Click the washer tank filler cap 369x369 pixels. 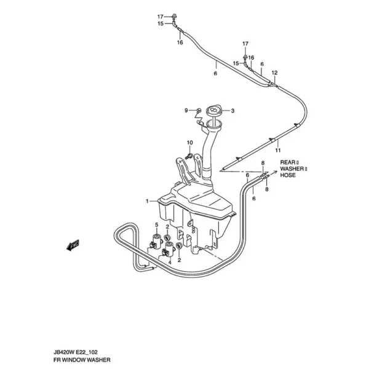point(213,111)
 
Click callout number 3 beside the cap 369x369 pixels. point(232,111)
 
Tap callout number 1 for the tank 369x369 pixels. point(147,201)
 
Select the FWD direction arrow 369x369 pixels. point(73,245)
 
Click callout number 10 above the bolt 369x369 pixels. point(189,143)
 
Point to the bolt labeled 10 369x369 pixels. point(189,156)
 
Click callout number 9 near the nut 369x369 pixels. point(186,110)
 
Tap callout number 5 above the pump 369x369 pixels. point(156,225)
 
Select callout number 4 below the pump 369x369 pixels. point(170,262)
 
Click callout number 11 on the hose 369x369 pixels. point(278,150)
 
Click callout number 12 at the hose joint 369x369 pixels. point(275,73)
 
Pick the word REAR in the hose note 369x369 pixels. point(288,162)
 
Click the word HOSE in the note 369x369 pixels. point(288,175)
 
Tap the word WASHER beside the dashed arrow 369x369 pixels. point(292,169)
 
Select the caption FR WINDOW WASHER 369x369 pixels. point(82,360)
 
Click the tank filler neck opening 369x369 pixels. point(213,124)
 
